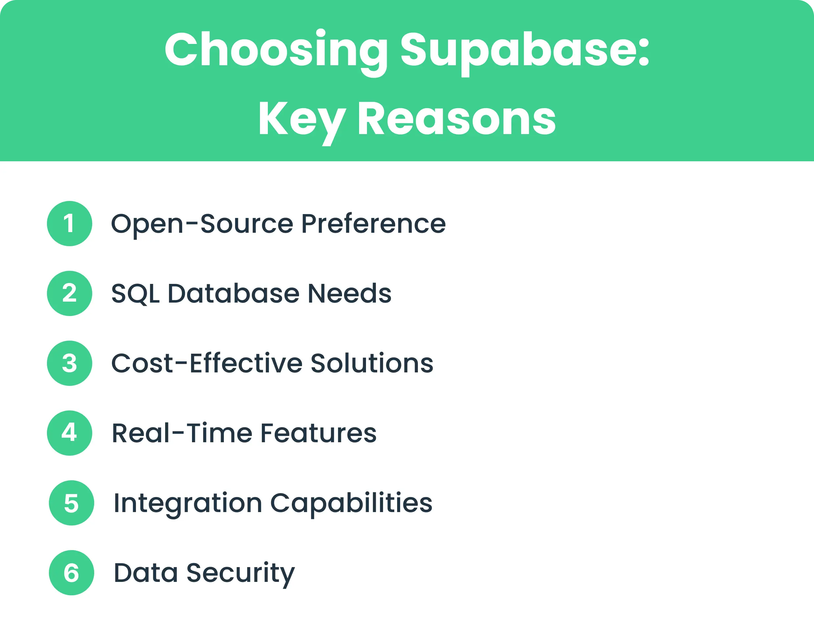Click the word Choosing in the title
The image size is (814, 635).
point(276,50)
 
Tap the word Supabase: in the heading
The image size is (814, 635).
point(525,50)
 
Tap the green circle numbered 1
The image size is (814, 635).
point(69,224)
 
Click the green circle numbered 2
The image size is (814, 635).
point(69,293)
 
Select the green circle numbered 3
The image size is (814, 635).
point(69,363)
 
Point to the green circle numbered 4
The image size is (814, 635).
point(69,433)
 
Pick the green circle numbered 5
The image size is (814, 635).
point(71,503)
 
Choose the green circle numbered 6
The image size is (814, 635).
point(71,572)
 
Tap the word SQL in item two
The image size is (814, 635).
point(135,294)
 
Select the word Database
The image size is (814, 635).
point(233,293)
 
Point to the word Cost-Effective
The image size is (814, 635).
point(207,363)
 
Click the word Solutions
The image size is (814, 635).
point(372,363)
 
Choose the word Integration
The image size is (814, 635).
point(187,503)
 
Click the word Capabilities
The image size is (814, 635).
point(351,503)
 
